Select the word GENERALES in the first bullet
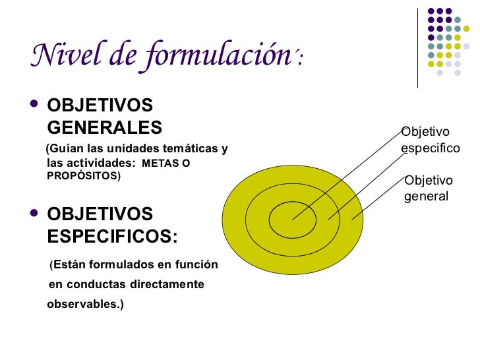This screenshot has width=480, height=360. (x=104, y=127)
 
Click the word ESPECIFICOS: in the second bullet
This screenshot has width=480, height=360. (x=113, y=236)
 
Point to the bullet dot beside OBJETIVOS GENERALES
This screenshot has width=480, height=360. (x=34, y=105)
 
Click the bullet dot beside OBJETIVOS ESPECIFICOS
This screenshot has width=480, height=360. (x=34, y=214)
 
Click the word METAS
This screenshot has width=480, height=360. (x=161, y=163)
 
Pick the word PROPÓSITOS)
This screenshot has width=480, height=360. (x=84, y=176)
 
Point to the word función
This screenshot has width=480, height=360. (x=196, y=265)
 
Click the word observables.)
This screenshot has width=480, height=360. (x=86, y=305)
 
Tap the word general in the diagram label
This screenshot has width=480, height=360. (x=425, y=196)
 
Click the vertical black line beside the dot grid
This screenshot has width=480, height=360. (x=418, y=47)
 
